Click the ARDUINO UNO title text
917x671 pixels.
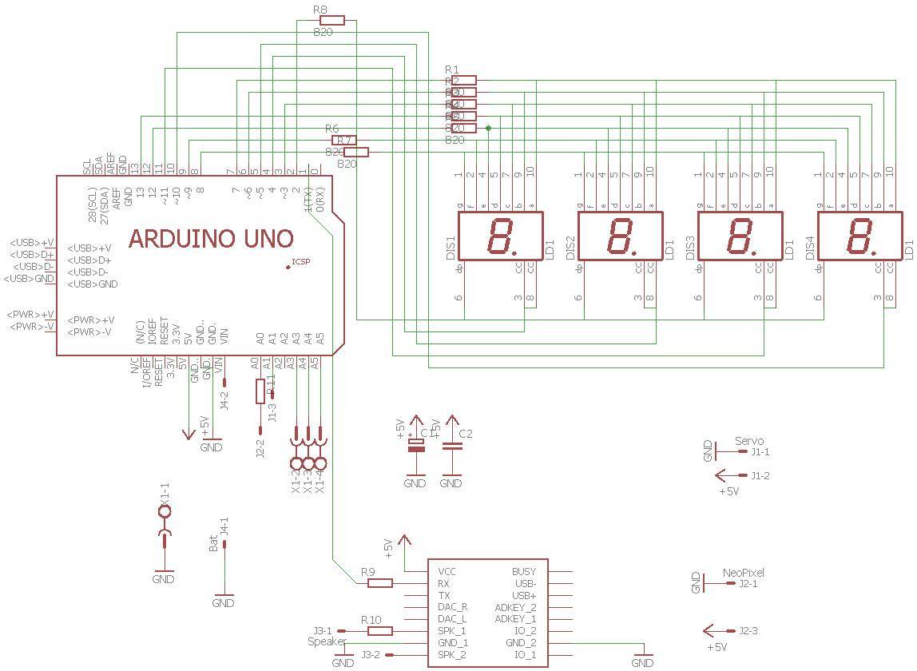211,238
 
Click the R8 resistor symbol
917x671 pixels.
331,21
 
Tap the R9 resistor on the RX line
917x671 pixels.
379,583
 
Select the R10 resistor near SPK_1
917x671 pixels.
379,630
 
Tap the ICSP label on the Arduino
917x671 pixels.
301,261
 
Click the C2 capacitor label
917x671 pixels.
466,434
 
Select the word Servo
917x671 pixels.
748,440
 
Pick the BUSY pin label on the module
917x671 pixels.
523,571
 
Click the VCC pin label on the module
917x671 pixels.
447,571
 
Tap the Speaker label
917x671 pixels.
327,641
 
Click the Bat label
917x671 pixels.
213,544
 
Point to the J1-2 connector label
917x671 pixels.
760,475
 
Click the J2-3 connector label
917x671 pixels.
748,630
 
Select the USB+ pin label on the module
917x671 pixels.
524,595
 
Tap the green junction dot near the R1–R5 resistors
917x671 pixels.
488,128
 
